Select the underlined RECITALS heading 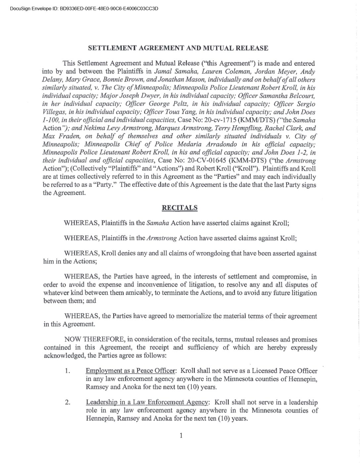point(179,208)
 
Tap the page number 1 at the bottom point(181,435)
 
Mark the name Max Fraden point(58,136)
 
